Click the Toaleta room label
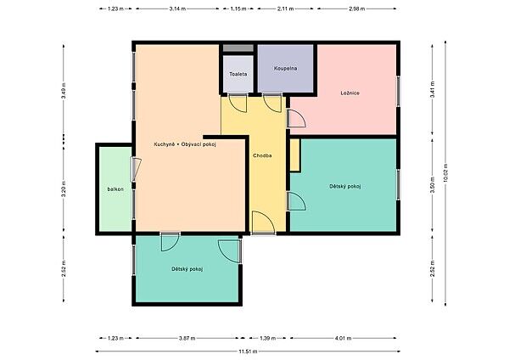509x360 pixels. (238, 74)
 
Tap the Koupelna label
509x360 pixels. (285, 69)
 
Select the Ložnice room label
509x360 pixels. (350, 93)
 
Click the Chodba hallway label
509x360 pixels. (262, 155)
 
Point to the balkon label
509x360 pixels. (115, 189)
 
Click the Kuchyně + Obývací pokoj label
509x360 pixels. (185, 144)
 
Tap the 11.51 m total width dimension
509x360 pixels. (248, 352)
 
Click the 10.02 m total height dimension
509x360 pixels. (445, 173)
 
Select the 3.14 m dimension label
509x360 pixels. (177, 8)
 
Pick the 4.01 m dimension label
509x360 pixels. (343, 338)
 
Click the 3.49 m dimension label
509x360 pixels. (64, 91)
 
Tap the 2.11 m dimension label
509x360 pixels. (285, 8)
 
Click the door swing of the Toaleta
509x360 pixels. (238, 104)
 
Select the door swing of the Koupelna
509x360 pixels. (272, 104)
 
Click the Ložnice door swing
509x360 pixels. (296, 119)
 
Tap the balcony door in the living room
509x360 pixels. (136, 169)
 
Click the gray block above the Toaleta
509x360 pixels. (238, 48)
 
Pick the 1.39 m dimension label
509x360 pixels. (268, 338)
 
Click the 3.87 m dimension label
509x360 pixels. (187, 338)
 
